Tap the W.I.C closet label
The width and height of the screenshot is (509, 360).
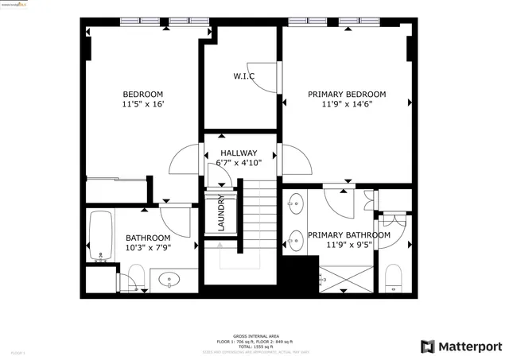pyautogui.click(x=243, y=76)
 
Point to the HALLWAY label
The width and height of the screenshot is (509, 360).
pyautogui.click(x=239, y=153)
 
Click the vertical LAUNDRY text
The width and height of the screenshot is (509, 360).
pyautogui.click(x=221, y=213)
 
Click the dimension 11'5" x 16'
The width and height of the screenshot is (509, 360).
pyautogui.click(x=143, y=104)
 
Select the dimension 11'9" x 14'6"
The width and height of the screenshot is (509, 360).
pyautogui.click(x=348, y=104)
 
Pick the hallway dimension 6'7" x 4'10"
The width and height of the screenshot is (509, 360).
pyautogui.click(x=239, y=163)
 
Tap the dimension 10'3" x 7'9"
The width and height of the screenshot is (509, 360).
pyautogui.click(x=148, y=248)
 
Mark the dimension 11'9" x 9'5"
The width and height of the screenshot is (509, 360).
pyautogui.click(x=348, y=246)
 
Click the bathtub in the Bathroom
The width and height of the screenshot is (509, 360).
pyautogui.click(x=100, y=236)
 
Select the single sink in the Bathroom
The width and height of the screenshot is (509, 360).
pyautogui.click(x=171, y=279)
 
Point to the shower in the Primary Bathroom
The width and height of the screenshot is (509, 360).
pyautogui.click(x=345, y=280)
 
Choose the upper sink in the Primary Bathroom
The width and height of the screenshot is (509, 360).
pyautogui.click(x=296, y=204)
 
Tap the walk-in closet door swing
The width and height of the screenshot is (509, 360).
pyautogui.click(x=262, y=75)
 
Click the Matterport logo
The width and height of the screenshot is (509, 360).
pyautogui.click(x=462, y=346)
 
